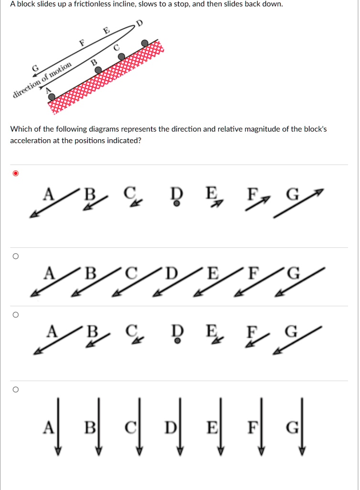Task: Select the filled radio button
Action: coord(15,173)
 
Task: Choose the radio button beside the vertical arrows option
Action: coord(15,390)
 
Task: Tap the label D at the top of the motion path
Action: coord(139,23)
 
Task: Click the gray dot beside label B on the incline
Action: coord(98,70)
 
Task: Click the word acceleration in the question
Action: coord(30,141)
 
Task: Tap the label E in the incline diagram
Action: coord(107,31)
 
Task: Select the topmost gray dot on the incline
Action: coord(144,44)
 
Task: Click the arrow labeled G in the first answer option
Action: coord(299,203)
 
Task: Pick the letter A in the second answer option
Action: coord(48,274)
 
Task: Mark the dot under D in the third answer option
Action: coord(177,342)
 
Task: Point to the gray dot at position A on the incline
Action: coord(52,97)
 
